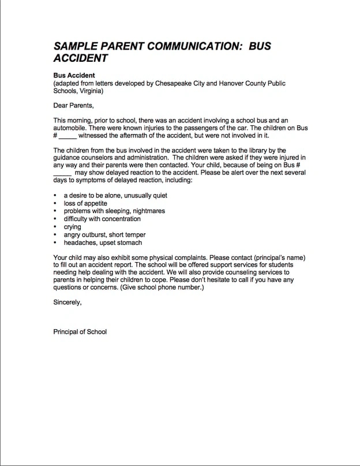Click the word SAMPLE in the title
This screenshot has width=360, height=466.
click(x=75, y=46)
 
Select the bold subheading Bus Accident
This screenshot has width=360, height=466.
click(x=74, y=76)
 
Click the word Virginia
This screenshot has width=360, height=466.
click(x=91, y=91)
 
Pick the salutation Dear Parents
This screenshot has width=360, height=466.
click(x=73, y=105)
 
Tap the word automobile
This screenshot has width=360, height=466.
click(x=72, y=128)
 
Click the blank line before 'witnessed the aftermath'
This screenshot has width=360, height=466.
click(x=67, y=136)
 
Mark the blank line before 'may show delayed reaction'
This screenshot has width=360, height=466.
click(x=62, y=173)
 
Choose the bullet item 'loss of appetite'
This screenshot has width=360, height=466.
click(x=85, y=203)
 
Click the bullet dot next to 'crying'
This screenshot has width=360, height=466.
click(x=55, y=227)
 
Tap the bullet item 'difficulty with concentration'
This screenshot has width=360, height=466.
click(x=102, y=219)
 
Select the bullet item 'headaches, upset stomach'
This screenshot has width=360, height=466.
click(x=103, y=243)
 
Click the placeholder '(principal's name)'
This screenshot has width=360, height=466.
click(x=277, y=257)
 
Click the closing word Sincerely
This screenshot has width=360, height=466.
click(x=67, y=302)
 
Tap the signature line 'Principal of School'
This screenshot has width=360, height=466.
click(x=80, y=331)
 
